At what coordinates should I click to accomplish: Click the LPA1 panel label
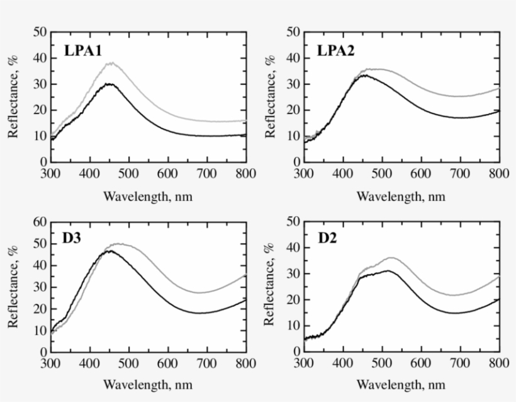(83, 51)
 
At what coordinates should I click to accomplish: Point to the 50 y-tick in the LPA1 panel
(40, 32)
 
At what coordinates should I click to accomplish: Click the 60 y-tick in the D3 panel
(40, 221)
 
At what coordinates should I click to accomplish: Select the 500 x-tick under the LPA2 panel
(381, 174)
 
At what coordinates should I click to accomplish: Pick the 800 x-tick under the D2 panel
(498, 364)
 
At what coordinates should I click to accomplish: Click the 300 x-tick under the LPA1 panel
(50, 174)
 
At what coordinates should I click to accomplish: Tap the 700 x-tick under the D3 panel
(206, 364)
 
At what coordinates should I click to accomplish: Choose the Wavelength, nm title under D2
(401, 384)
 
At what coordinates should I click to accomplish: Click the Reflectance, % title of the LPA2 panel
(271, 96)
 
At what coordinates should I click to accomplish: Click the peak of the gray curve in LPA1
(111, 63)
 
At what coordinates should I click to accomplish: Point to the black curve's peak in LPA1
(109, 83)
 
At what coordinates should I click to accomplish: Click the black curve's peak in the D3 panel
(110, 251)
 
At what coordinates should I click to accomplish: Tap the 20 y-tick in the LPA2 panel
(293, 110)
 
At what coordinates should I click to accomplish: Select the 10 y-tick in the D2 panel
(293, 326)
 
